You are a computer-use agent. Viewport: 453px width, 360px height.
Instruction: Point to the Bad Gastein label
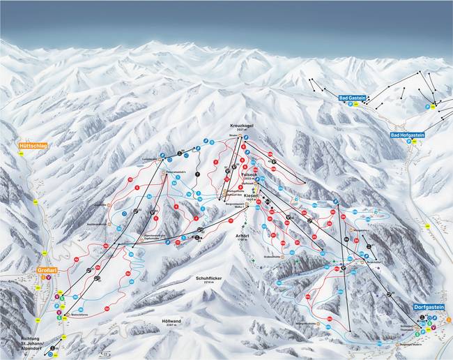353,98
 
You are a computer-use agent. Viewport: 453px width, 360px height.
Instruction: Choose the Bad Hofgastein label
408,135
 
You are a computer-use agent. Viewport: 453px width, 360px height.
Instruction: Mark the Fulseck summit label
250,173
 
